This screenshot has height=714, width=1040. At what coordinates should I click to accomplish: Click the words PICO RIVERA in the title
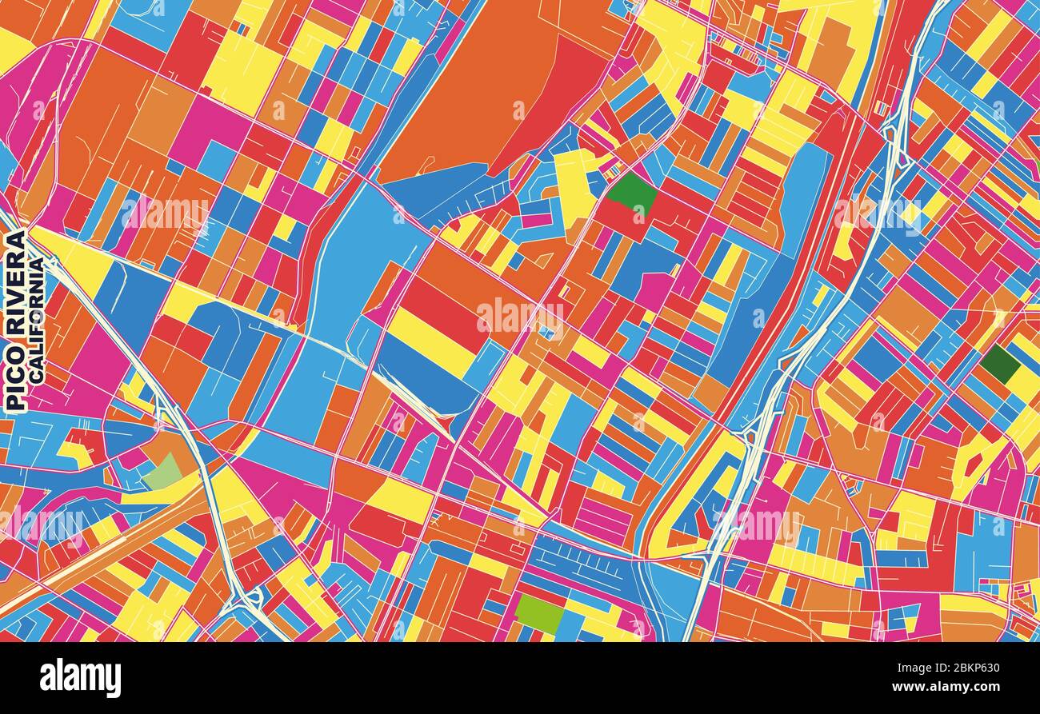pos(15,321)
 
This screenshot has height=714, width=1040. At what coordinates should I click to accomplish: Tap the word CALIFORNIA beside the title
pos(37,319)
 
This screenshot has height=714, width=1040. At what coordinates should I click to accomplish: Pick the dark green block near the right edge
pos(999,364)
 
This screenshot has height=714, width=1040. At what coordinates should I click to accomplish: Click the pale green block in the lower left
pos(164,472)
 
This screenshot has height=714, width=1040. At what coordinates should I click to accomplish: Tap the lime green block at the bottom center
pos(539,614)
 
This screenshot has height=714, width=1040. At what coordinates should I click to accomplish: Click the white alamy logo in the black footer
pos(80,677)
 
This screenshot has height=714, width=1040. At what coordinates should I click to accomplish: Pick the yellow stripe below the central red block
pos(432,344)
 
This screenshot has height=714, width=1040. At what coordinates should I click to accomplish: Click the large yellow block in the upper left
pos(240,72)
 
